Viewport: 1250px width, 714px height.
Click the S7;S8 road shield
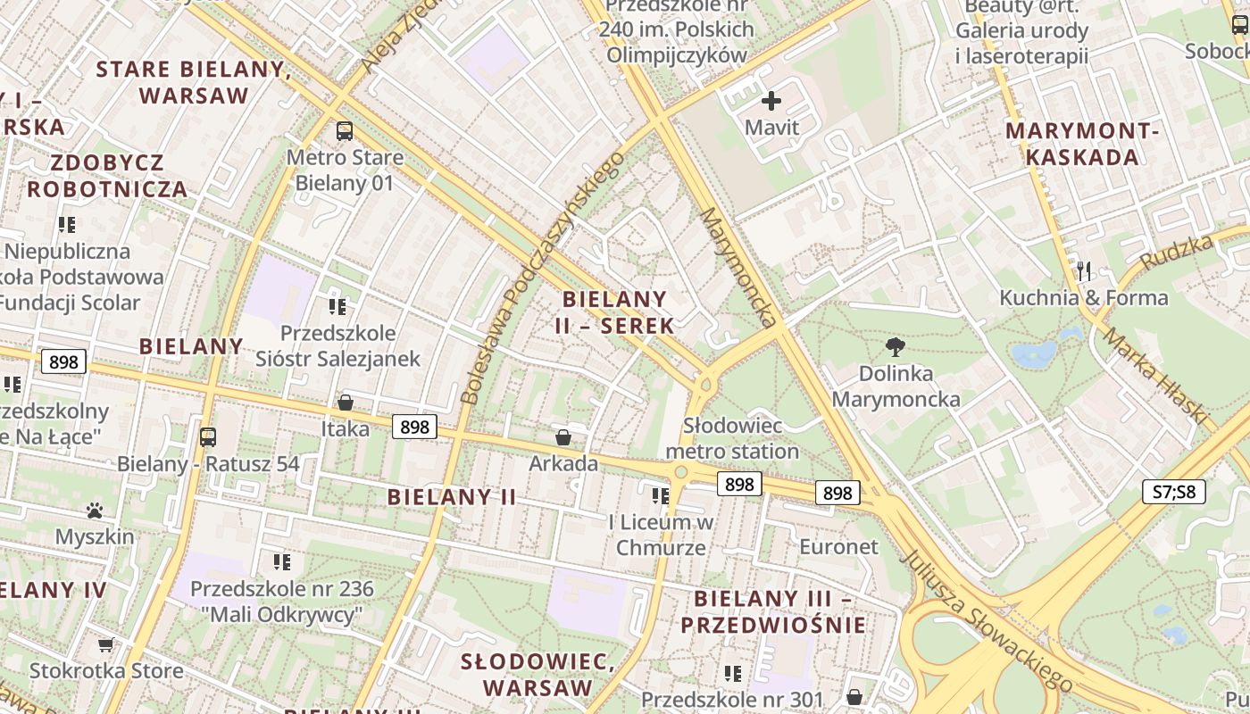point(1174,492)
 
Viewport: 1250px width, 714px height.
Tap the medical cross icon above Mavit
point(771,101)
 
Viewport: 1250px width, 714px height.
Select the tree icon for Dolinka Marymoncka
point(896,347)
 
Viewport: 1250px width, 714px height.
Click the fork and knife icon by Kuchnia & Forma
point(1084,270)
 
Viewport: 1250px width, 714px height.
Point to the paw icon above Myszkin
point(95,511)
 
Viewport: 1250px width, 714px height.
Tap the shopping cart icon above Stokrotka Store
point(105,644)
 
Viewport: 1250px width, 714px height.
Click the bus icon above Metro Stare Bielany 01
point(345,131)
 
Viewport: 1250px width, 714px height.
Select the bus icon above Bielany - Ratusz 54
point(208,437)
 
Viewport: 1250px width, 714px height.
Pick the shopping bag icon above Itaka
point(346,403)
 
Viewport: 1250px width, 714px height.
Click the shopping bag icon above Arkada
point(563,437)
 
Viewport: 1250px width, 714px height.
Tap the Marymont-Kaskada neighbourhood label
point(1082,144)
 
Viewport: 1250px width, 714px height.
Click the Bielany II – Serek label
point(614,312)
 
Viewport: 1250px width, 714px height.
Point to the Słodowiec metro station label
point(732,438)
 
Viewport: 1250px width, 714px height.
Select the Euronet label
point(838,546)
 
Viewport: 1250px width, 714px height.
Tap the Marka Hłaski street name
point(1155,375)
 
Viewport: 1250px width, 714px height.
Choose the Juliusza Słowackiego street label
point(987,621)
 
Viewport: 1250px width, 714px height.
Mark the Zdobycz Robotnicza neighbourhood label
point(107,176)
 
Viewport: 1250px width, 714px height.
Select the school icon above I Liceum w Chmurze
point(661,495)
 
